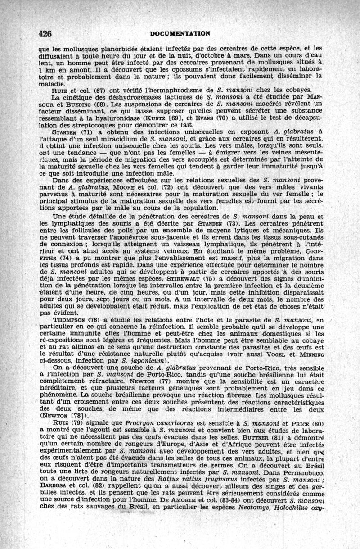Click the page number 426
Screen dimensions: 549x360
(x=45, y=34)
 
